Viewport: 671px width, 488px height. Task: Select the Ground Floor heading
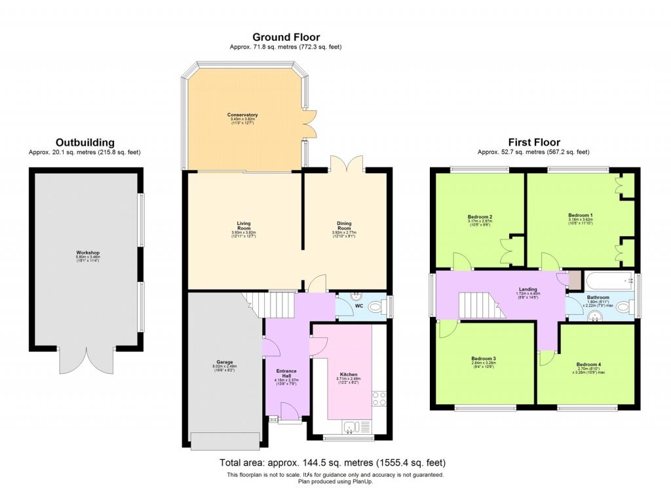pos(286,37)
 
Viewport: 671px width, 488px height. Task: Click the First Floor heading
pos(534,142)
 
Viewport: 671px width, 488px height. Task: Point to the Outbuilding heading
pos(85,142)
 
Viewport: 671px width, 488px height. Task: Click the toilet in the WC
pos(375,306)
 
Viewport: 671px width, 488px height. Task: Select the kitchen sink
pos(351,428)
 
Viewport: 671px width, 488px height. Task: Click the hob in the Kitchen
pos(379,397)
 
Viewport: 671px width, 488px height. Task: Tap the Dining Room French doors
pos(346,163)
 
